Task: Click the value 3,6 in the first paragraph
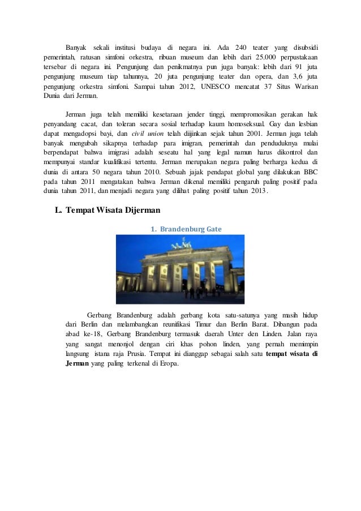click(x=293, y=76)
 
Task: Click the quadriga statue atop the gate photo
click(x=180, y=243)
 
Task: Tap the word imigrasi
click(x=125, y=152)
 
